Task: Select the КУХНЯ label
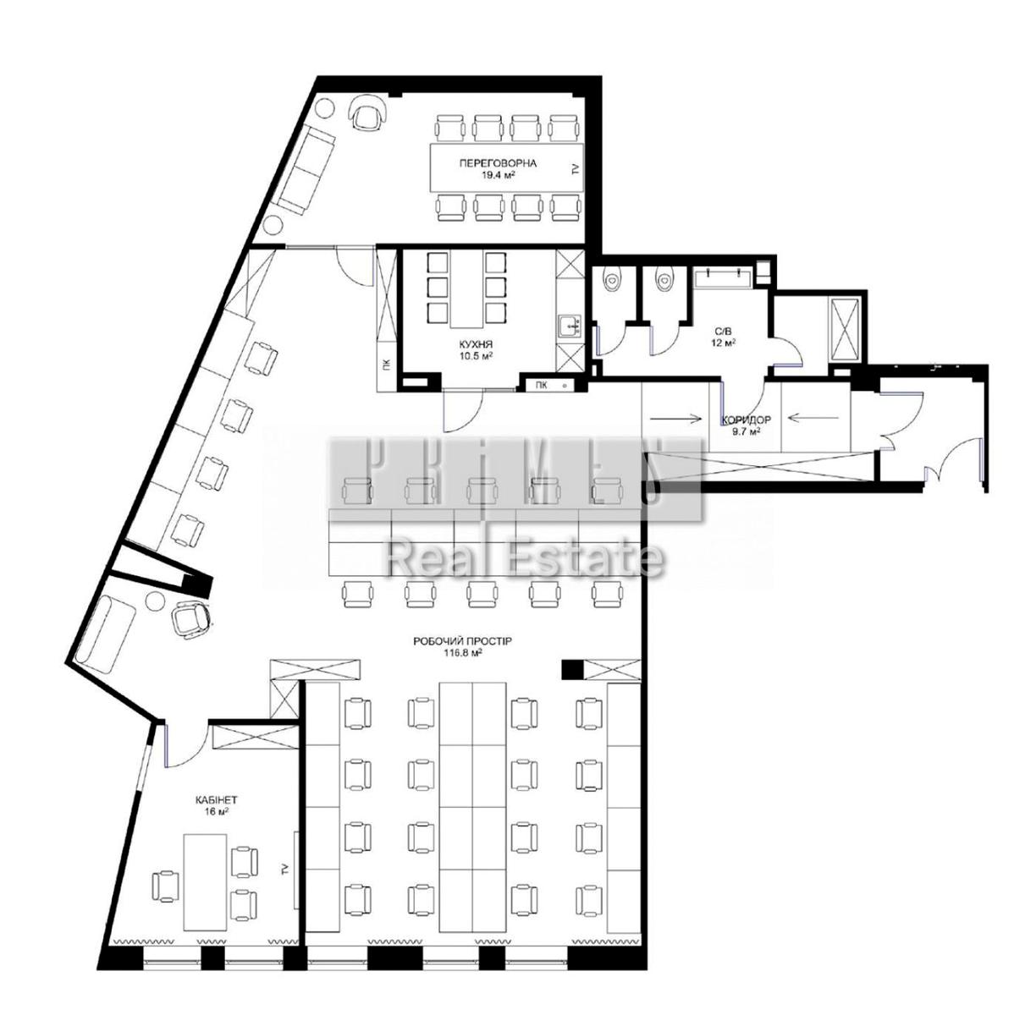coord(474,344)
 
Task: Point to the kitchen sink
coord(569,325)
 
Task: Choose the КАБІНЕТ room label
coord(217,801)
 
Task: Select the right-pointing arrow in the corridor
coord(676,419)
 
